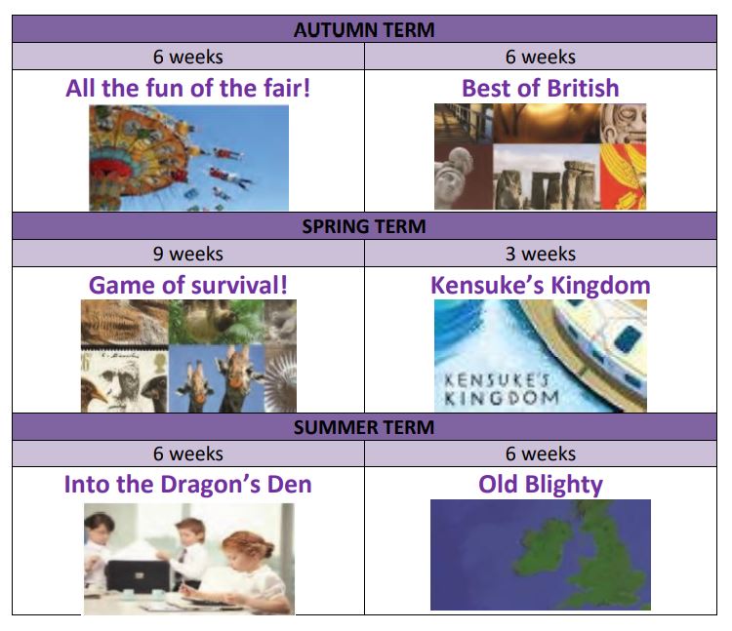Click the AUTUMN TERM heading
364,30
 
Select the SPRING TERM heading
364,226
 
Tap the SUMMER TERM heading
364,427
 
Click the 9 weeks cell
188,254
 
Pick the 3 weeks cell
541,254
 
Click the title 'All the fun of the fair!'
188,88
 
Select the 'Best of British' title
541,88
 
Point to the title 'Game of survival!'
188,285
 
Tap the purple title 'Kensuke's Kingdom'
541,285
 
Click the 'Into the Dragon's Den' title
188,484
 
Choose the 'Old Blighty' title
541,485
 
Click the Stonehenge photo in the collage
547,177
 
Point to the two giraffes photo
217,378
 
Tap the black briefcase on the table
139,576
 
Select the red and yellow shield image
624,177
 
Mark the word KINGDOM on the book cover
502,398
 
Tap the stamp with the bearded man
125,381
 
